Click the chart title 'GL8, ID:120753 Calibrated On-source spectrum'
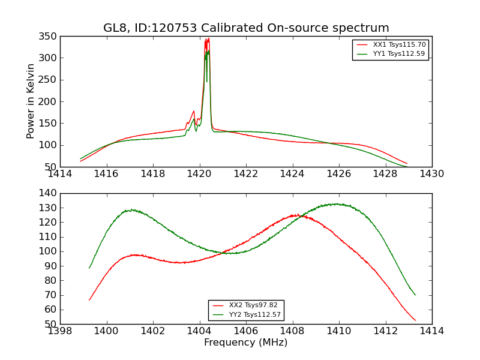246,28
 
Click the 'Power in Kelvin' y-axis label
31,101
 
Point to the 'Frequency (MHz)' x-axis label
245,343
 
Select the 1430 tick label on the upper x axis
431,173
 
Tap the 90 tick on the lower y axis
52,266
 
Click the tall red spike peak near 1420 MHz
207,40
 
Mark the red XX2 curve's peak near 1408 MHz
295,215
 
